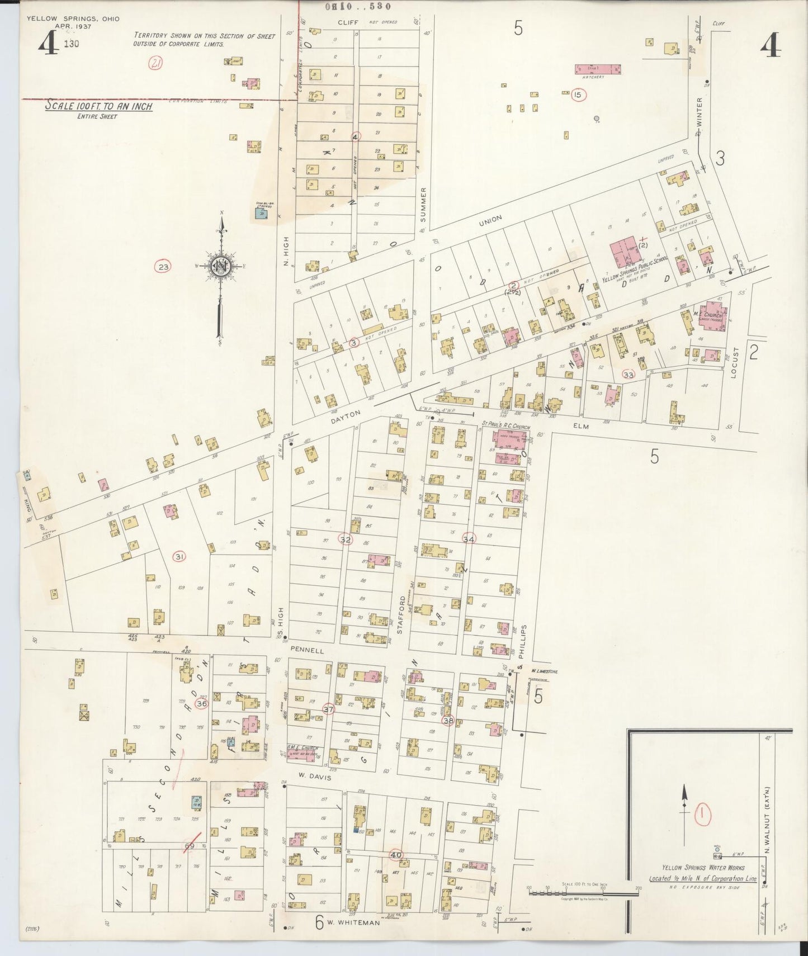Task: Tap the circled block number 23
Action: [163, 267]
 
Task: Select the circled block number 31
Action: [179, 556]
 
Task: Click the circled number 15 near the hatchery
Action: [578, 95]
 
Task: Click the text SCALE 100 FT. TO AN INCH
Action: [98, 106]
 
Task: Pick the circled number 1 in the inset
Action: [702, 815]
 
